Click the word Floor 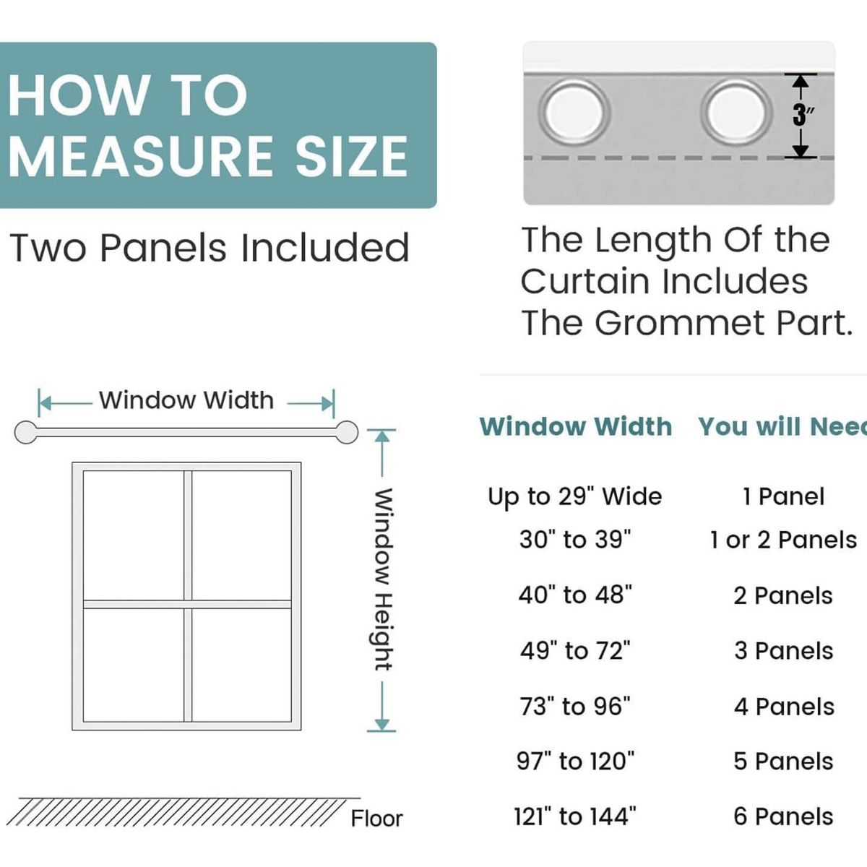(376, 819)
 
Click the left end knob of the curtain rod (25, 432)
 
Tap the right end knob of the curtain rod (347, 432)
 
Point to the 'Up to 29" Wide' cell (575, 497)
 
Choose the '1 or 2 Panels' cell (783, 540)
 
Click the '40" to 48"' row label (575, 595)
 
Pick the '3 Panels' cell (784, 650)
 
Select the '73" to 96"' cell (575, 707)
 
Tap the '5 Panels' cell (783, 762)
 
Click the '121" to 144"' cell (575, 816)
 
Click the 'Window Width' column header (576, 426)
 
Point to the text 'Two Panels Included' (210, 248)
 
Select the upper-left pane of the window (134, 535)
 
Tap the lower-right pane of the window (241, 665)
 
